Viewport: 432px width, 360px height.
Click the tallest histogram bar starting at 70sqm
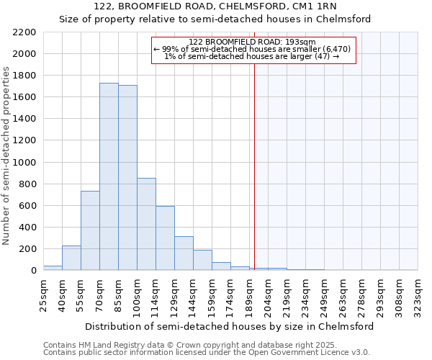pos(109,176)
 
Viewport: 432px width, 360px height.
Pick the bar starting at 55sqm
pos(90,230)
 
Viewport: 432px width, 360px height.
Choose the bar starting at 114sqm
pos(165,238)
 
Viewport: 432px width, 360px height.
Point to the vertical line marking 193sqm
pos(254,166)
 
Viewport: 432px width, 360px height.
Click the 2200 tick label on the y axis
pos(24,32)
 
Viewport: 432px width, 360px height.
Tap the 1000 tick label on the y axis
pos(24,163)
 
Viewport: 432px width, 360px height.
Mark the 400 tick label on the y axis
pos(27,228)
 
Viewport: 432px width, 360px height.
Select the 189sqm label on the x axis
pos(249,295)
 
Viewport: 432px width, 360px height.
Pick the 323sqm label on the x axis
pos(418,295)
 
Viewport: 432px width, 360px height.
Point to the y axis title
pos(7,156)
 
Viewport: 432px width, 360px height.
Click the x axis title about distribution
pos(229,326)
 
